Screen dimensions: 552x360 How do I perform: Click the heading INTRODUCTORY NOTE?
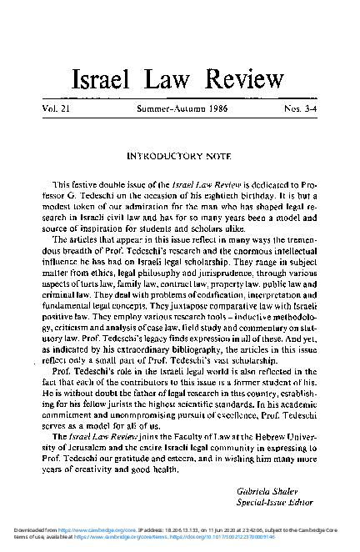point(179,155)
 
